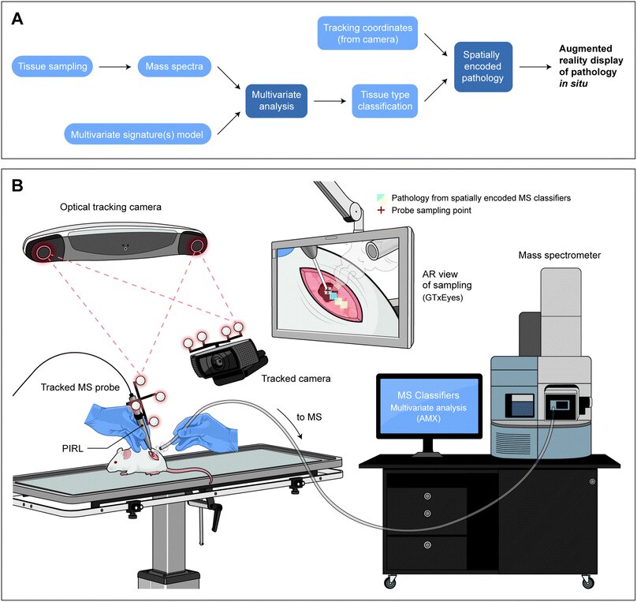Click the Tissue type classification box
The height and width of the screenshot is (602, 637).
click(384, 101)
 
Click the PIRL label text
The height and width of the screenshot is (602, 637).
click(72, 447)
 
